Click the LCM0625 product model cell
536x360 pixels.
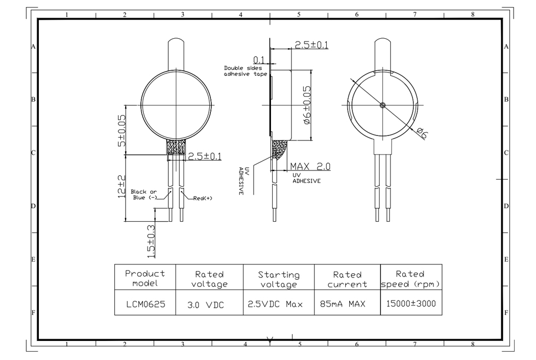(146, 304)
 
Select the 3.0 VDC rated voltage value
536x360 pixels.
(206, 305)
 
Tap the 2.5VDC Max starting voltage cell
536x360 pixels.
(275, 304)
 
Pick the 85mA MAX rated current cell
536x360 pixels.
(343, 304)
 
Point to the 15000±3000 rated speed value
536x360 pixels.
(411, 303)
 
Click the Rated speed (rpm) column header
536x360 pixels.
(410, 279)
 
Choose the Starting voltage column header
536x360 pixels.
(279, 280)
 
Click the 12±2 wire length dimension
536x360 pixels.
(121, 187)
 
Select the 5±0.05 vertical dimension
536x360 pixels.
(121, 131)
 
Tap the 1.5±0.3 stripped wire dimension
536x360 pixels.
(151, 241)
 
